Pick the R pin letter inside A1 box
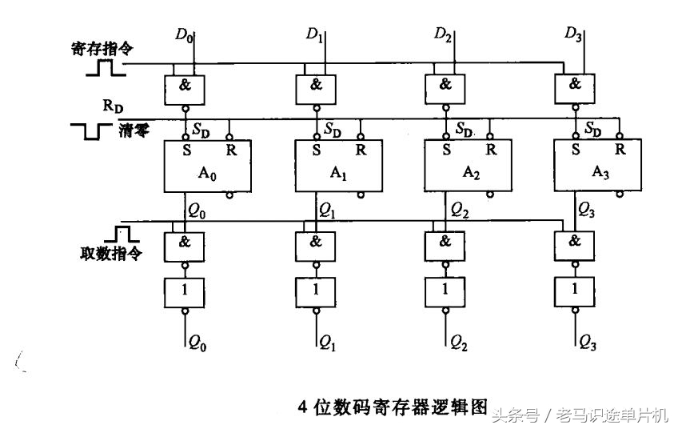[361, 149]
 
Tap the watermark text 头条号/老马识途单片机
[580, 415]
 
